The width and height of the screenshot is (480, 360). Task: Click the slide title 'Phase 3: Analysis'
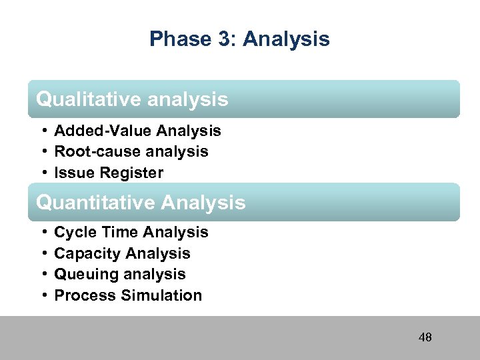tap(239, 39)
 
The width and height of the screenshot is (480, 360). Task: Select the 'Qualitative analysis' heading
tap(132, 99)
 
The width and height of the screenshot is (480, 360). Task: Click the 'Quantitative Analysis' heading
tap(141, 202)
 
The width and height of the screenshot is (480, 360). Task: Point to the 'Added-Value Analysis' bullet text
tap(137, 131)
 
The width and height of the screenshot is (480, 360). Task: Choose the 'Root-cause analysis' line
tap(131, 151)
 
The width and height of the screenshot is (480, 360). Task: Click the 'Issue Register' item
tap(109, 173)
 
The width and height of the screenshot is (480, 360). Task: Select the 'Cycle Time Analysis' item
tap(131, 232)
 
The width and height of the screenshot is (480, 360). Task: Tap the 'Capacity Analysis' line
tap(122, 253)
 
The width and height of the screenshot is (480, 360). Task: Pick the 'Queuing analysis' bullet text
tap(120, 274)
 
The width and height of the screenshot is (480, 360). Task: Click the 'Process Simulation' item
tap(128, 295)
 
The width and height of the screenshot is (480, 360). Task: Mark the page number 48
tap(425, 337)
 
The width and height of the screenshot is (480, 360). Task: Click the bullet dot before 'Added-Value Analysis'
tap(42, 131)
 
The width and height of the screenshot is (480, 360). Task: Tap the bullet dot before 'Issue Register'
tap(42, 173)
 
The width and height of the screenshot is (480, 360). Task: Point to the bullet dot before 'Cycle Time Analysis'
tap(42, 232)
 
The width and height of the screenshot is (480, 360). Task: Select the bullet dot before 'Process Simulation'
tap(42, 295)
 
